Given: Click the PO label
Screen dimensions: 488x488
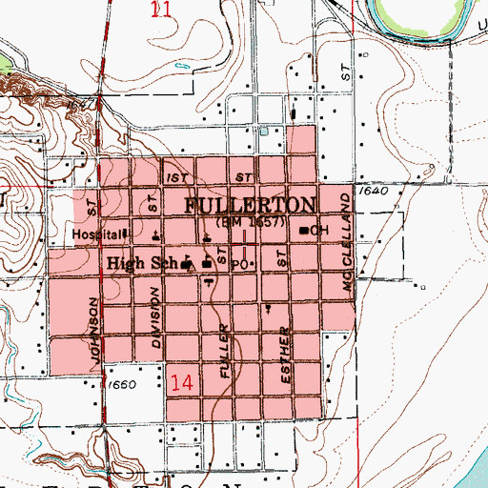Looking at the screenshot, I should (x=240, y=261).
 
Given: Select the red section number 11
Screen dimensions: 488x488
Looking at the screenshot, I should (x=162, y=10).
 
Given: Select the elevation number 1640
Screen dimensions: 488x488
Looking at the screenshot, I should (x=376, y=191).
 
